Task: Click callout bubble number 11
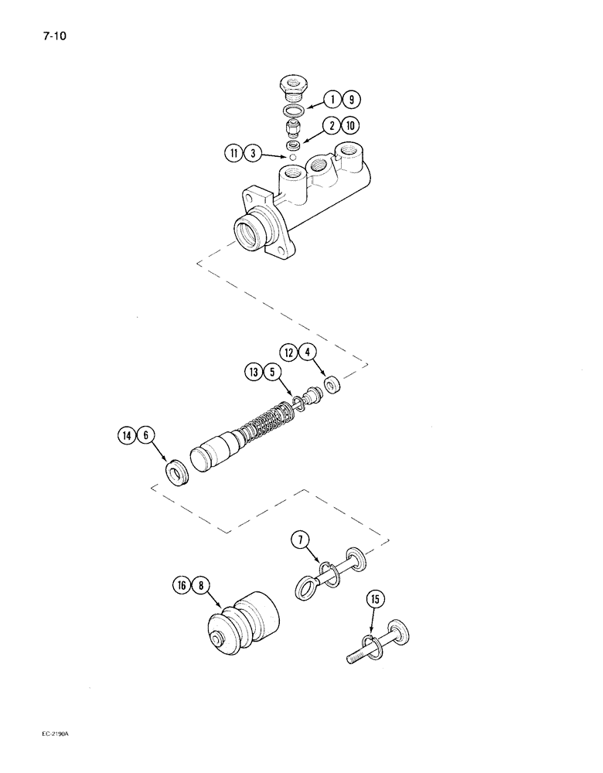pyautogui.click(x=234, y=153)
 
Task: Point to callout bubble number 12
pyautogui.click(x=289, y=353)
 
